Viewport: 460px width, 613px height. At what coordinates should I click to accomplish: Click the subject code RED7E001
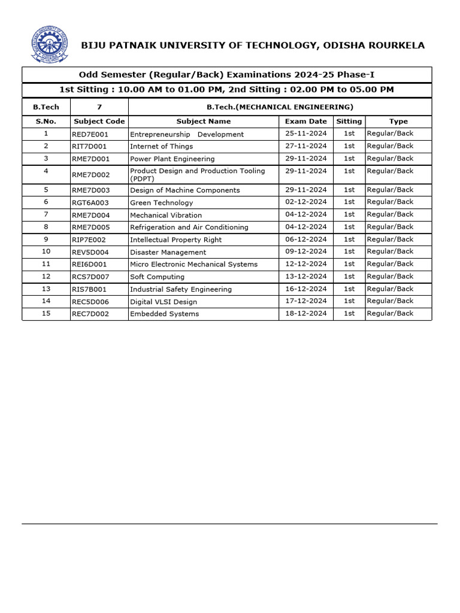click(90, 135)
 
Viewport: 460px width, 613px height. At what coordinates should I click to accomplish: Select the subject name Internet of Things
click(161, 146)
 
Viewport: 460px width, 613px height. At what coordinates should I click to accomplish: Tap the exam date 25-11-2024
click(306, 133)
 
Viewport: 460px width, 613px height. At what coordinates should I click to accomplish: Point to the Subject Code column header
click(99, 122)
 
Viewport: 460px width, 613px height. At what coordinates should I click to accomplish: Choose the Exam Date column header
click(306, 122)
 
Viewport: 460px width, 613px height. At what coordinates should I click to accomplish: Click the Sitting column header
click(349, 121)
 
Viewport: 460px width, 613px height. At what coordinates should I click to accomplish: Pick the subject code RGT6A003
click(90, 203)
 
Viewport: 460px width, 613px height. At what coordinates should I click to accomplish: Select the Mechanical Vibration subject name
click(166, 216)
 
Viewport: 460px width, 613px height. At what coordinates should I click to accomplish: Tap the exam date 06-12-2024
click(306, 239)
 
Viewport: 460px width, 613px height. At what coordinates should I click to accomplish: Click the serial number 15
click(46, 313)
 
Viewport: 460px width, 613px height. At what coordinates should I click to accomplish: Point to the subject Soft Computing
click(157, 277)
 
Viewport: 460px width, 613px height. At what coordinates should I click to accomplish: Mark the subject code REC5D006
click(90, 302)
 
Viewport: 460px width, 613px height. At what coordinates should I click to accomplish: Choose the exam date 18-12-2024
click(306, 313)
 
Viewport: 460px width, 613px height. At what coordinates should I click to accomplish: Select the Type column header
click(398, 121)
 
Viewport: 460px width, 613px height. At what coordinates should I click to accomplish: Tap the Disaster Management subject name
click(168, 253)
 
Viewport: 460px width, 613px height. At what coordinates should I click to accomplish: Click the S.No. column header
click(46, 122)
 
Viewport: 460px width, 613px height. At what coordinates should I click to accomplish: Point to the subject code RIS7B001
click(89, 290)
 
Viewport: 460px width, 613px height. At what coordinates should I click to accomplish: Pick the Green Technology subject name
click(162, 203)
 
